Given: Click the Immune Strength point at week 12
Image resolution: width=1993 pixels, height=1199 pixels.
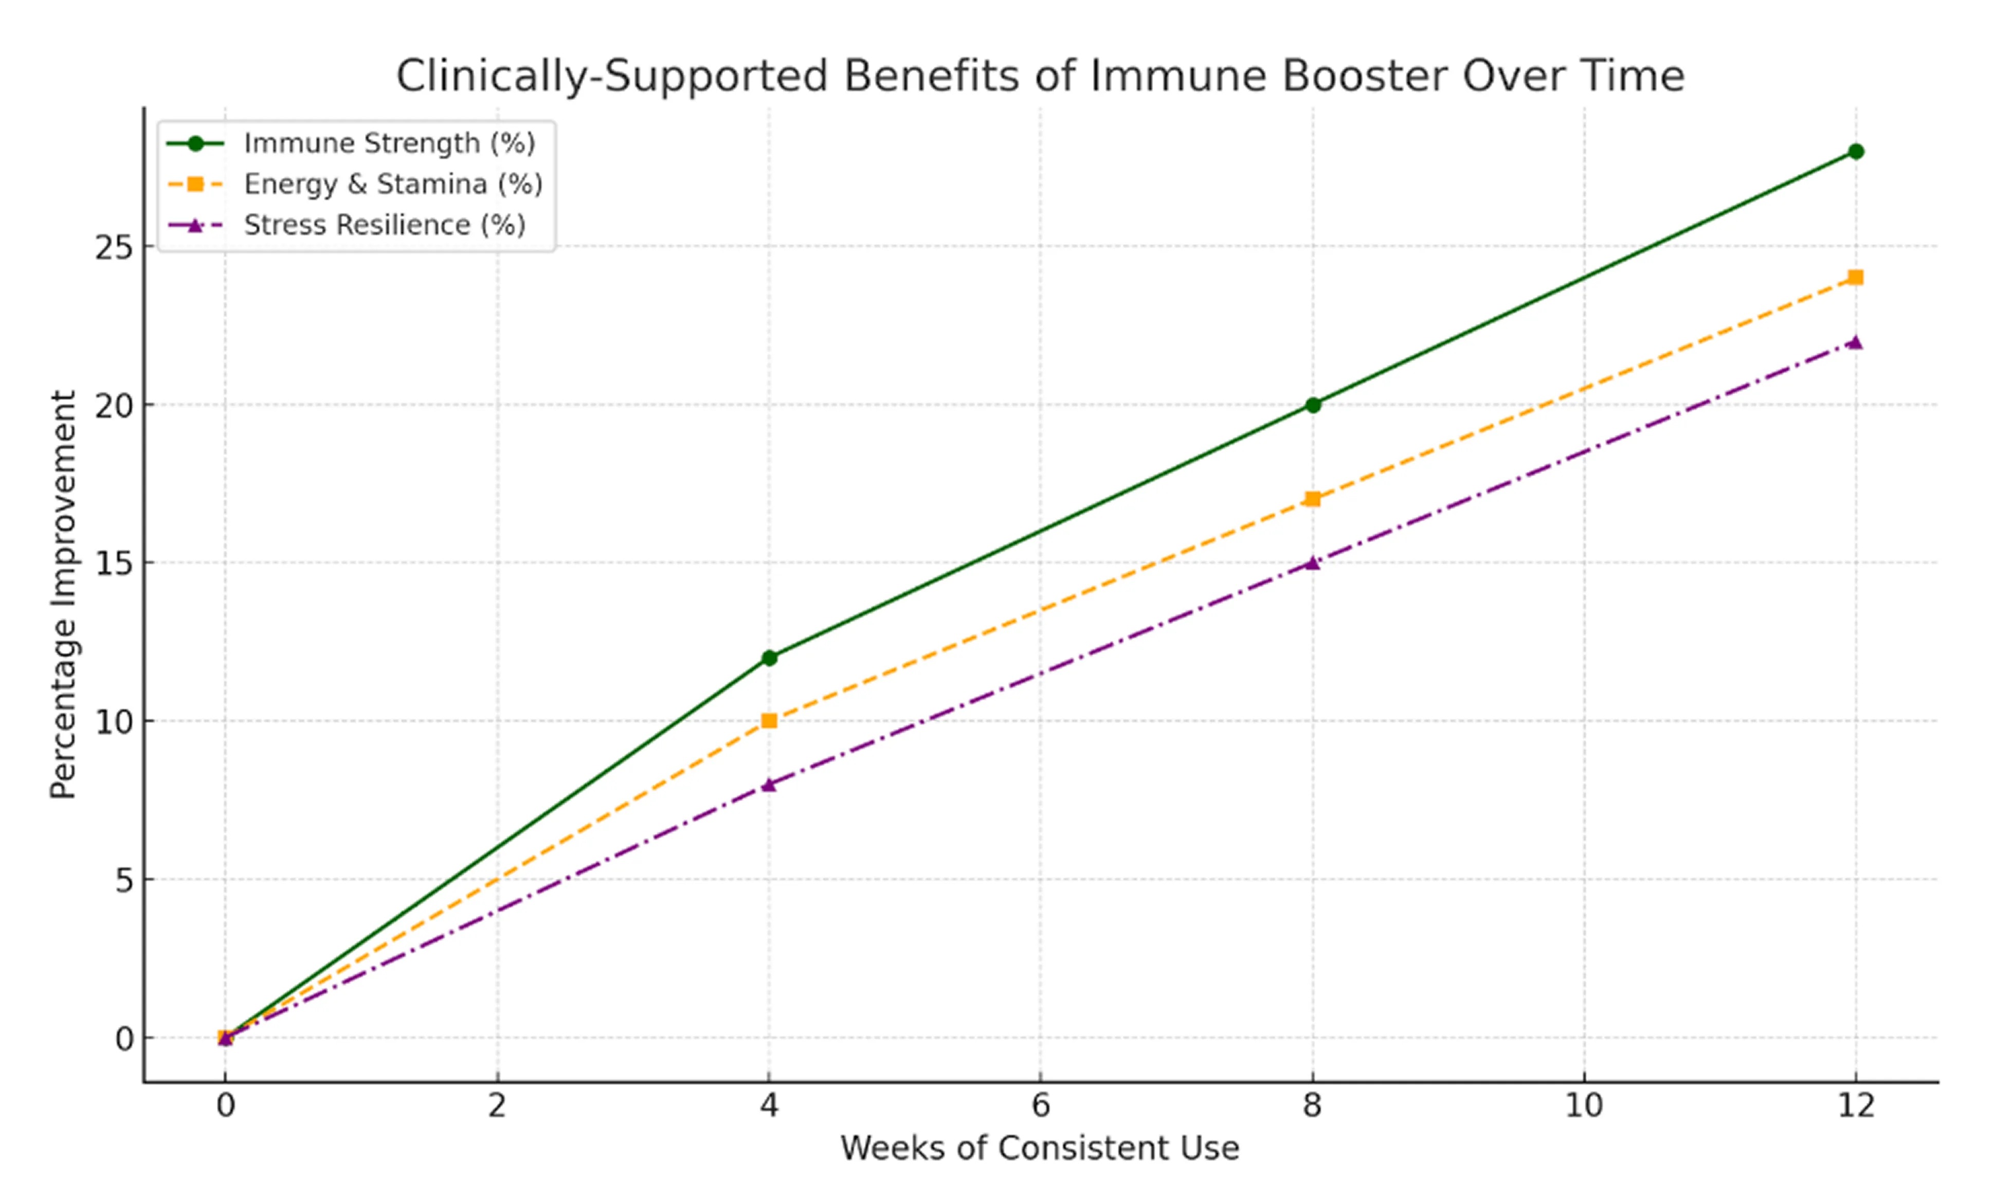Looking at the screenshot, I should pos(1856,152).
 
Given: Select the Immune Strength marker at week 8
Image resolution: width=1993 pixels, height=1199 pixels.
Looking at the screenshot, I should pos(1313,405).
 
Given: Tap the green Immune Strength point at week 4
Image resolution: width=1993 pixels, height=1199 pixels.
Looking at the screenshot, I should pos(769,658).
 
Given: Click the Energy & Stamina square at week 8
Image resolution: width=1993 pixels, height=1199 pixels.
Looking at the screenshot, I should pos(1313,499).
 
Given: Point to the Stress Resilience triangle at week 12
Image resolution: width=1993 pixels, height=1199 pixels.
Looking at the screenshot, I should pos(1856,342).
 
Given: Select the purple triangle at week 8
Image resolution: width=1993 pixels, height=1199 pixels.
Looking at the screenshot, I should pos(1313,563).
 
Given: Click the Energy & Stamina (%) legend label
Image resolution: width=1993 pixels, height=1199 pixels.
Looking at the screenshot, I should pos(393,184).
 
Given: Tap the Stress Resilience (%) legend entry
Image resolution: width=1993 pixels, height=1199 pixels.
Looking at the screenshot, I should pos(385,225).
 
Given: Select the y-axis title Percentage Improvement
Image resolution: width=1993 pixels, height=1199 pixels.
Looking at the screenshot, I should pos(63,595).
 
